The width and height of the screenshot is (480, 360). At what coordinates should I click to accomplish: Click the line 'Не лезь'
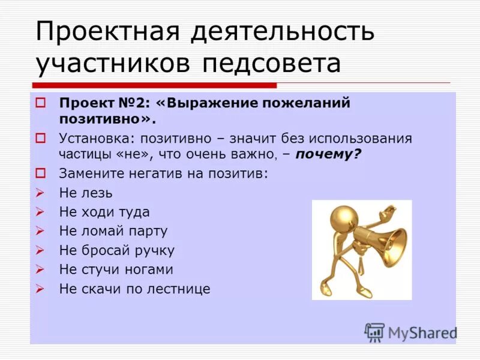point(86,193)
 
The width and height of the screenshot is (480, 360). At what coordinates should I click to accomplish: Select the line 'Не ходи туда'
point(104,212)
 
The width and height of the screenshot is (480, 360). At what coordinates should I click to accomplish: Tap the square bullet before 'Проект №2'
point(40,103)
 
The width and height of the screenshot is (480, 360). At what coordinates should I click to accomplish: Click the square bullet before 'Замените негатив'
point(40,173)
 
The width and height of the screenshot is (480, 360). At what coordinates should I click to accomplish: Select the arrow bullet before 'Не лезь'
point(40,193)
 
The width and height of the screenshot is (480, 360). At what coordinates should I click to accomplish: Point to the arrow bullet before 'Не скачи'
point(40,289)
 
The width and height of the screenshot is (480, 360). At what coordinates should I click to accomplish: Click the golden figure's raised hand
point(389,211)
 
